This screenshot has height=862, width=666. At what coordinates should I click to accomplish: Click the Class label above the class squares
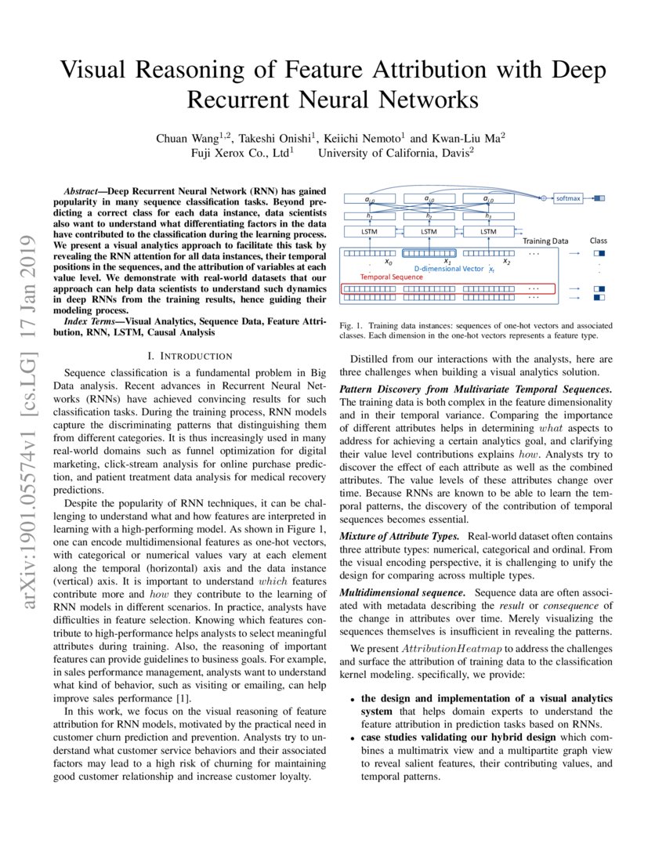[x=598, y=241]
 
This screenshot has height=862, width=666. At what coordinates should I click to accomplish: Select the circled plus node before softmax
[x=542, y=199]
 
